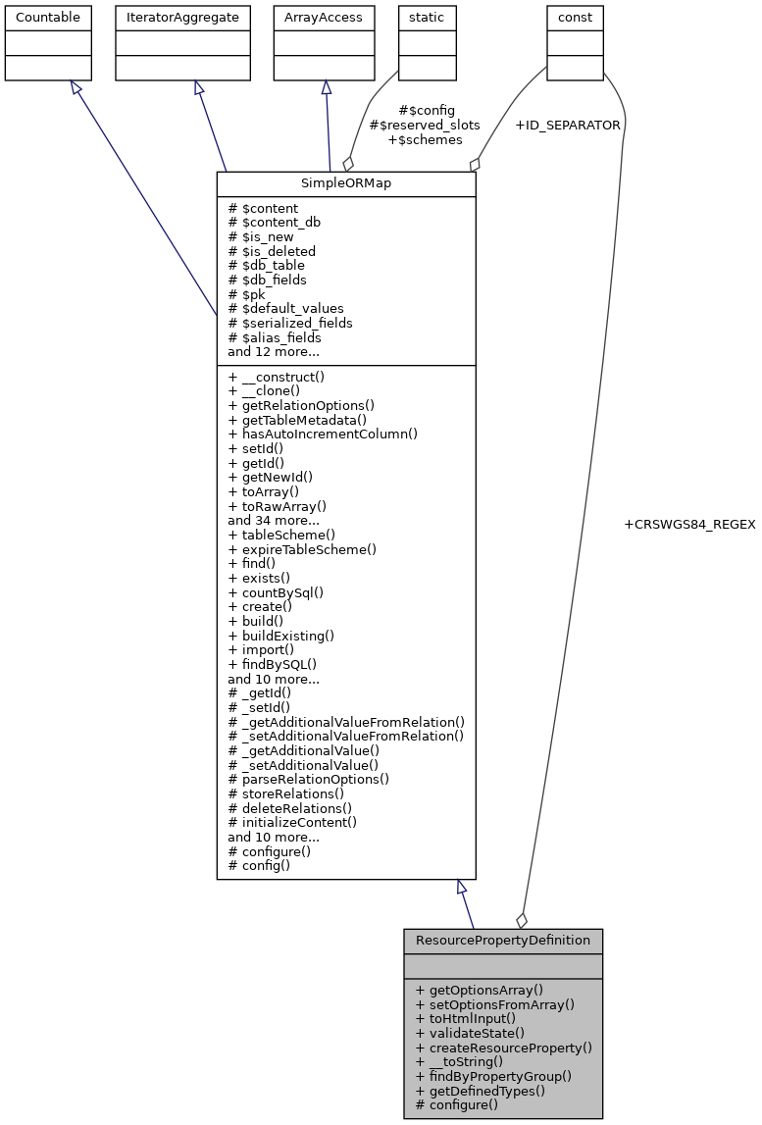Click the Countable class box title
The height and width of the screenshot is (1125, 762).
(48, 18)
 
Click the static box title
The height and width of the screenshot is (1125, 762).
(427, 18)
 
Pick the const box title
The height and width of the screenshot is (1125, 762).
(575, 18)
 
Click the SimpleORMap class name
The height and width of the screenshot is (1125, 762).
(345, 184)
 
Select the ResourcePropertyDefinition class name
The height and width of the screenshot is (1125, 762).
(502, 941)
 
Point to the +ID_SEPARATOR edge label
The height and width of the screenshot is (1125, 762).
(567, 126)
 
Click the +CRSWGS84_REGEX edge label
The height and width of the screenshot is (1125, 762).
(689, 525)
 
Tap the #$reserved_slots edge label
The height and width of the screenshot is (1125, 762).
(425, 126)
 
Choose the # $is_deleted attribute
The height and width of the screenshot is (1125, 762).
(272, 251)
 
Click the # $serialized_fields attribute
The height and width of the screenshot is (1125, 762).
(289, 323)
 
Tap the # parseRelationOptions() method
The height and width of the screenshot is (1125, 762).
(308, 780)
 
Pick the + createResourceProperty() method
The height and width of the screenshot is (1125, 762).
(504, 1048)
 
